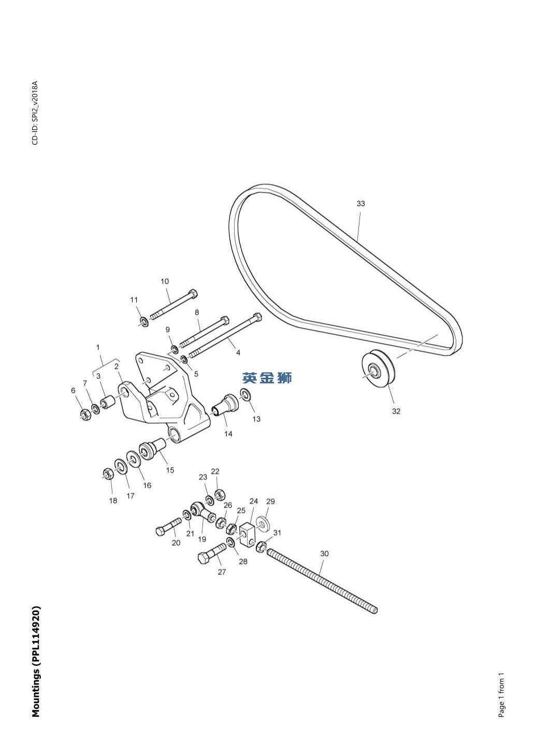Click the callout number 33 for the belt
360,203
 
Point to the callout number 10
165,281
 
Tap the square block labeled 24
248,535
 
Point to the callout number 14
228,434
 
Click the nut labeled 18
108,473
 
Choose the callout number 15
170,470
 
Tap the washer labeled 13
246,394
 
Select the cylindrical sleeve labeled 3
108,402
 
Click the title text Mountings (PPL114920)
36,661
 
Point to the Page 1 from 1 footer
501,695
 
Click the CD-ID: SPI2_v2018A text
35,113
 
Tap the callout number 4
238,352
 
